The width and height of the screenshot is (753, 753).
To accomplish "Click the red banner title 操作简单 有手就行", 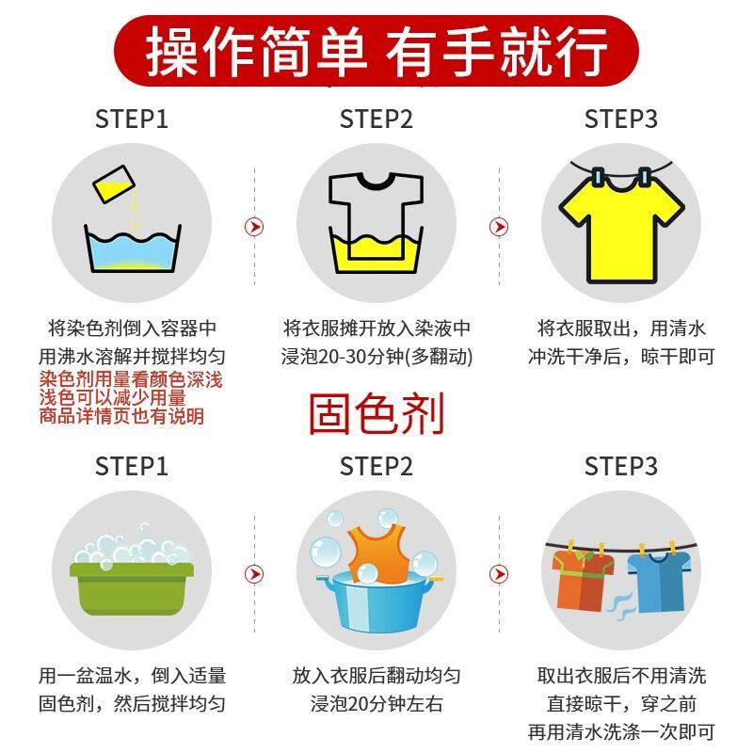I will click(x=376, y=49).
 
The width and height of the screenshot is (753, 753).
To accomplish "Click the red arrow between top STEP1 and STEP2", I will click(x=254, y=227).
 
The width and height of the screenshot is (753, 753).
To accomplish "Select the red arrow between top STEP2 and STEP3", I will click(x=499, y=227).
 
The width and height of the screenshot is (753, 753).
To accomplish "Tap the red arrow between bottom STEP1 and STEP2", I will click(x=254, y=574).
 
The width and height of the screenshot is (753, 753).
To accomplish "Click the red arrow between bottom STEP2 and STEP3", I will click(x=499, y=574).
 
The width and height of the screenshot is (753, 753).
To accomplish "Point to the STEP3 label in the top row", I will click(x=620, y=120).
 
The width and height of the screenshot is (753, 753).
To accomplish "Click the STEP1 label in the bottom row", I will click(x=132, y=466).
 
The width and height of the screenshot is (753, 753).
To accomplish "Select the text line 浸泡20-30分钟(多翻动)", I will click(x=376, y=357).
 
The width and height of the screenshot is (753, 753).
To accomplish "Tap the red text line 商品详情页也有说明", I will click(x=121, y=416).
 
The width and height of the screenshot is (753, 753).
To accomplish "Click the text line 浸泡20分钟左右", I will click(x=376, y=703).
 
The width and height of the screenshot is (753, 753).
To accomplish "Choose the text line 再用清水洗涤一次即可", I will click(x=620, y=731).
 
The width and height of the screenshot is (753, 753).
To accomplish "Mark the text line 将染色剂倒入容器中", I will click(x=132, y=328).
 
